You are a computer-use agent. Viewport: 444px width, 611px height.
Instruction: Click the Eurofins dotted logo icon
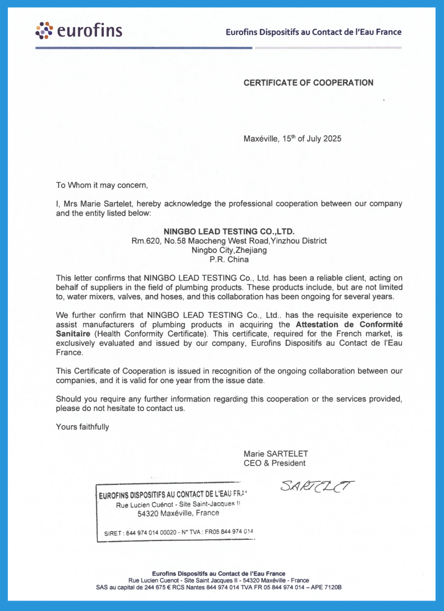pyautogui.click(x=44, y=31)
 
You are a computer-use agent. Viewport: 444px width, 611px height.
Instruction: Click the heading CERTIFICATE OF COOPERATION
pyautogui.click(x=308, y=83)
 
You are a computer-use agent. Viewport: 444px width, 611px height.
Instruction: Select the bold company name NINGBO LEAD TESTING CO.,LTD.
pyautogui.click(x=229, y=231)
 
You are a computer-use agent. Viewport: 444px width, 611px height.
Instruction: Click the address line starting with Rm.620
pyautogui.click(x=229, y=241)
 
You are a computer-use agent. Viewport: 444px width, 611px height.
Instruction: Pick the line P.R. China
pyautogui.click(x=229, y=259)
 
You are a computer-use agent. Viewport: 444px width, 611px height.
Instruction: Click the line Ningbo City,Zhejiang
pyautogui.click(x=229, y=250)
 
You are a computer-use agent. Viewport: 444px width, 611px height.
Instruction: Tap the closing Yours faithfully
pyautogui.click(x=83, y=427)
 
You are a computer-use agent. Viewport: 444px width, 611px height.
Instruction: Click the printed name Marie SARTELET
pyautogui.click(x=275, y=454)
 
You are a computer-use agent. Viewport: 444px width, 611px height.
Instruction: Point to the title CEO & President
pyautogui.click(x=274, y=463)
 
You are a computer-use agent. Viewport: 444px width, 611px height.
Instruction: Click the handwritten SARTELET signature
pyautogui.click(x=317, y=487)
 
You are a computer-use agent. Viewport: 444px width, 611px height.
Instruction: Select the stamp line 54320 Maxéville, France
pyautogui.click(x=178, y=513)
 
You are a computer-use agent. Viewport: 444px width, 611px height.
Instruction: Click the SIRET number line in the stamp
pyautogui.click(x=178, y=532)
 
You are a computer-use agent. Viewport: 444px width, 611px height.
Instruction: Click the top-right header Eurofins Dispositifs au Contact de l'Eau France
pyautogui.click(x=313, y=32)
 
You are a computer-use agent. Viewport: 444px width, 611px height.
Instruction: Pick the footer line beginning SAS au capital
pyautogui.click(x=219, y=587)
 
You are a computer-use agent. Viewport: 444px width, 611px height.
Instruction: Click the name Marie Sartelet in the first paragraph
pyautogui.click(x=108, y=204)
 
